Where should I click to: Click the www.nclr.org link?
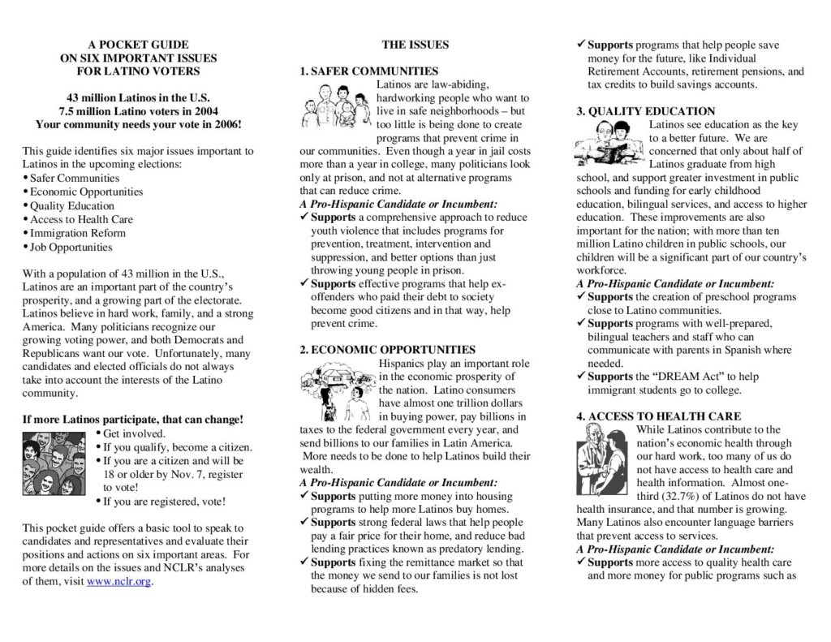pyautogui.click(x=119, y=581)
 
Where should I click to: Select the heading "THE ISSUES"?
pyautogui.click(x=415, y=45)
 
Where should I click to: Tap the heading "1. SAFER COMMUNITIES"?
pyautogui.click(x=368, y=71)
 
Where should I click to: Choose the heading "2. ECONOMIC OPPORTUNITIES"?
pyautogui.click(x=387, y=350)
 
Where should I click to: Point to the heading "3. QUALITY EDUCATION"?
pyautogui.click(x=646, y=111)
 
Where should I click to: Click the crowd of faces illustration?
pyautogui.click(x=54, y=462)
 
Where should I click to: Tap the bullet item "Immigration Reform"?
pyautogui.click(x=77, y=233)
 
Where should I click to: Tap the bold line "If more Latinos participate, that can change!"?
pyautogui.click(x=132, y=420)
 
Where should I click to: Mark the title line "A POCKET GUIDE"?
pyautogui.click(x=138, y=45)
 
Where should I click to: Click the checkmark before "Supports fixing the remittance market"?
pyautogui.click(x=304, y=562)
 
